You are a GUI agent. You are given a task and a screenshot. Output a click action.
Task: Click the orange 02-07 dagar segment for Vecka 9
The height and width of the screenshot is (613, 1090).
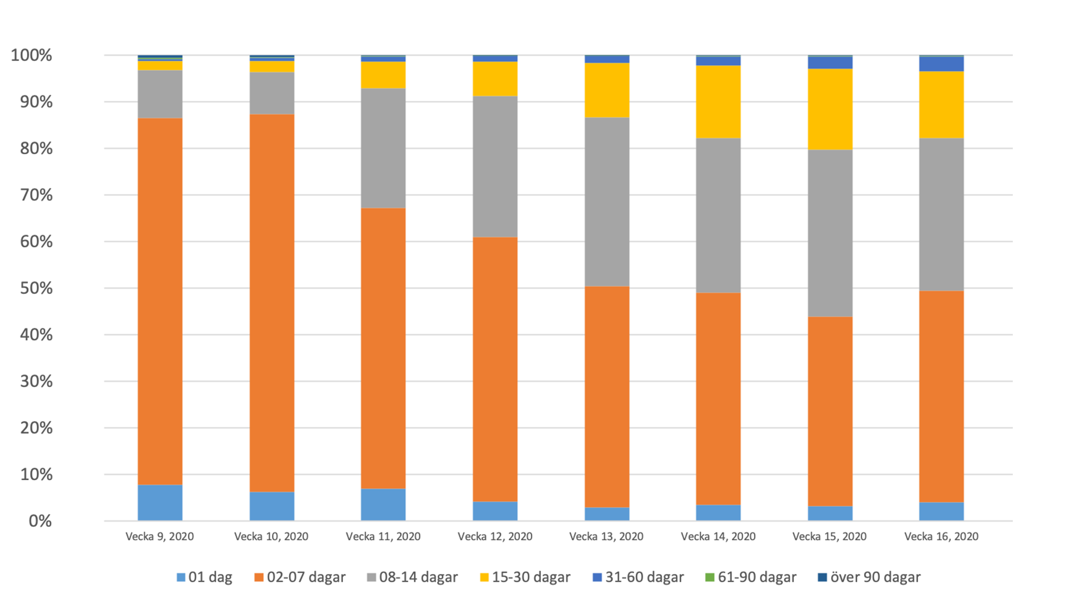tap(160, 301)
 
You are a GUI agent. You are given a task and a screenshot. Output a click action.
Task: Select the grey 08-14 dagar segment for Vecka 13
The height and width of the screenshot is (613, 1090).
tap(607, 201)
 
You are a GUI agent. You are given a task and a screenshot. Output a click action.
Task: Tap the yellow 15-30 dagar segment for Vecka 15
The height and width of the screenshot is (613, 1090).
tap(830, 109)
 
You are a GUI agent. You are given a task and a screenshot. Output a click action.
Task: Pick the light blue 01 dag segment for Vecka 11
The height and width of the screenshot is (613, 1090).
tap(383, 505)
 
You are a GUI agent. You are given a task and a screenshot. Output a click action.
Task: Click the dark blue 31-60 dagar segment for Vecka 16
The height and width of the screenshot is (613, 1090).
tap(941, 64)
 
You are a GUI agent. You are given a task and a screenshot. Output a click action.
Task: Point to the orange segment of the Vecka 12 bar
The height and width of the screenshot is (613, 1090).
tap(495, 369)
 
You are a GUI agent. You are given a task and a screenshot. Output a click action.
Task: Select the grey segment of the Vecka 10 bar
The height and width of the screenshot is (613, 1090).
tap(272, 93)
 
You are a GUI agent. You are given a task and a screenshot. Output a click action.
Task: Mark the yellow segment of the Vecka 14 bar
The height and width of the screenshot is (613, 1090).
tap(718, 102)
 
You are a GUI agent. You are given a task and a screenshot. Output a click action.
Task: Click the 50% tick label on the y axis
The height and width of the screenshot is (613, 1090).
tap(36, 288)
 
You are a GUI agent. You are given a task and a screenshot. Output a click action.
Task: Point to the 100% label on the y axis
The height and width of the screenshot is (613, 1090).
tap(32, 56)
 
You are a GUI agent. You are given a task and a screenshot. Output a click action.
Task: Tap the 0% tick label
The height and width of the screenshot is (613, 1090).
tap(40, 521)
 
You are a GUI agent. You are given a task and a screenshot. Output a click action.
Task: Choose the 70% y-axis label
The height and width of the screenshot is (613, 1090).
tap(36, 195)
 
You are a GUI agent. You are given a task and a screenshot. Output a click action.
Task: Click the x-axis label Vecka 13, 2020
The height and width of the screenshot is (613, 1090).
tap(606, 536)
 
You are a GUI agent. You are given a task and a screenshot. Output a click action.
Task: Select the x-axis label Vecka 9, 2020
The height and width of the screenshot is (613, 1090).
tap(160, 536)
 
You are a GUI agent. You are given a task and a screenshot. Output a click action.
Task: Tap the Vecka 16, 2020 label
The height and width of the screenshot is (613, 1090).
tap(941, 536)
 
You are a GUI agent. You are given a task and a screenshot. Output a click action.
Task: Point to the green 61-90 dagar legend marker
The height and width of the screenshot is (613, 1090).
tap(709, 578)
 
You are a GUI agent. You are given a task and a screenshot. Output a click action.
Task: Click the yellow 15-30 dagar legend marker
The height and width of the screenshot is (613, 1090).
tap(484, 578)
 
